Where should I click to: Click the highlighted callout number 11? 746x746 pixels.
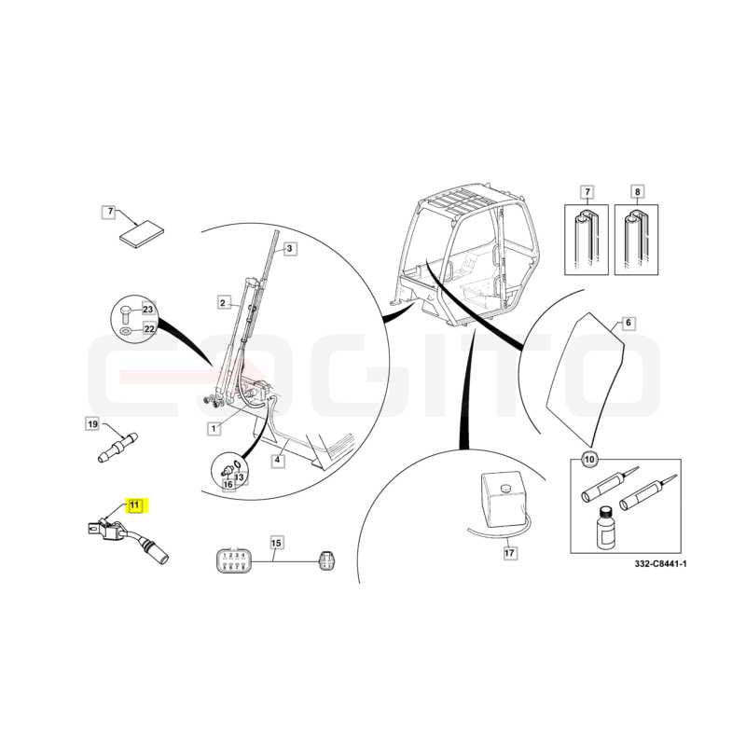tap(135, 504)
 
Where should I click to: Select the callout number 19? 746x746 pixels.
tap(92, 424)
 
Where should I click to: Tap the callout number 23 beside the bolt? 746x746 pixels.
tap(148, 310)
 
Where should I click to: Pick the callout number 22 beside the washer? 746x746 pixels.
tap(149, 329)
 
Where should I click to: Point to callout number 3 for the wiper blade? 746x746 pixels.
tap(290, 248)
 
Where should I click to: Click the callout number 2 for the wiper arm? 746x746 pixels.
tap(223, 302)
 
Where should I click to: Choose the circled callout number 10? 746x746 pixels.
tap(589, 460)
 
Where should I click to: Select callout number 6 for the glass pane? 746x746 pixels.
tap(629, 323)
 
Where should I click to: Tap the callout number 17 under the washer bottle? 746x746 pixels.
tap(509, 553)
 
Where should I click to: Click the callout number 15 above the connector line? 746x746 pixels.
tap(276, 543)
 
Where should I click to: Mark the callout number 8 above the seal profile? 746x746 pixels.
tap(637, 192)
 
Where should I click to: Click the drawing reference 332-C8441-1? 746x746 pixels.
tap(660, 564)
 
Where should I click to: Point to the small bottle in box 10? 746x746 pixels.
tap(604, 527)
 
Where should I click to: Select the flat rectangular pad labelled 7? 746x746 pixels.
tap(142, 234)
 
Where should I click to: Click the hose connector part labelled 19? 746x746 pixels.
tap(117, 447)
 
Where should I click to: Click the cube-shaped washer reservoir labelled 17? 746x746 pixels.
tap(504, 500)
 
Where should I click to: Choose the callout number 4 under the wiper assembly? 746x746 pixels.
tap(278, 460)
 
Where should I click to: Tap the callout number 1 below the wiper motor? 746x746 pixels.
tap(214, 429)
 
